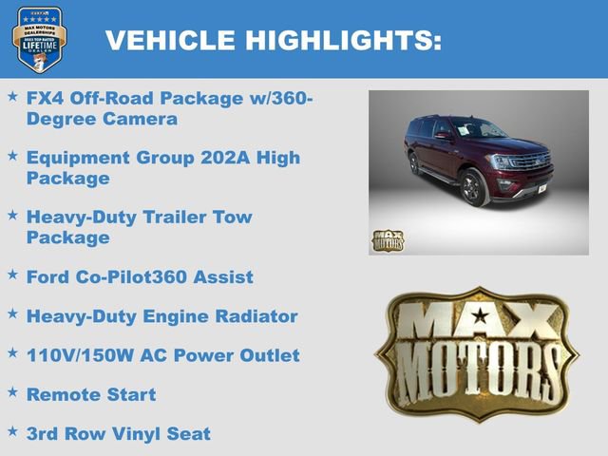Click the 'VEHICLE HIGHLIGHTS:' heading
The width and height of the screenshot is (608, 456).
(274, 40)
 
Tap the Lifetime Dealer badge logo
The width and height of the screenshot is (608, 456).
(39, 39)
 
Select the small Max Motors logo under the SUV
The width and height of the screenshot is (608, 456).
(387, 240)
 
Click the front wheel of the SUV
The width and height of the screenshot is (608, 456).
(472, 186)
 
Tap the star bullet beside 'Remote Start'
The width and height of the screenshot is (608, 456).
(11, 391)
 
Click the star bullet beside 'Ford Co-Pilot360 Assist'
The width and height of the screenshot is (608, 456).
(11, 274)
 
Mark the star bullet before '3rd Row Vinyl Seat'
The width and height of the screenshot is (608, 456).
(11, 431)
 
